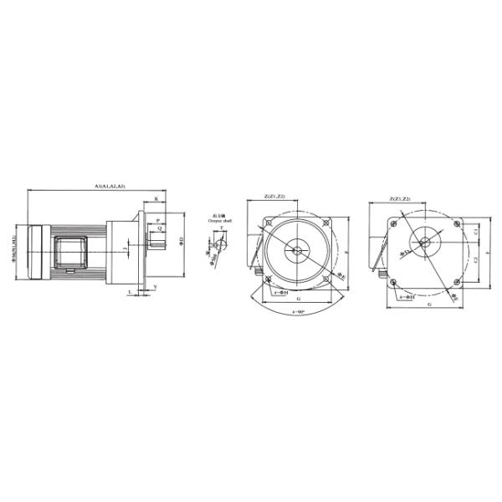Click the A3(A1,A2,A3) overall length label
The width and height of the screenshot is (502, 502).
tap(110, 186)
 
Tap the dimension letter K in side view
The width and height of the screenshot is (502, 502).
tap(156, 199)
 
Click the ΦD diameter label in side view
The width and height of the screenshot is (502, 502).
tap(182, 243)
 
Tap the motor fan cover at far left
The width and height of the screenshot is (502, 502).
tap(38, 252)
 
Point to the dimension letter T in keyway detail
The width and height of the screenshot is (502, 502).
tap(222, 228)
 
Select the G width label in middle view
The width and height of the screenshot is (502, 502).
tap(298, 299)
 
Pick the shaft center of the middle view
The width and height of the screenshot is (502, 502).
tap(295, 248)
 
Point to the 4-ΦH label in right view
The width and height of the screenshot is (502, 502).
tap(407, 295)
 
